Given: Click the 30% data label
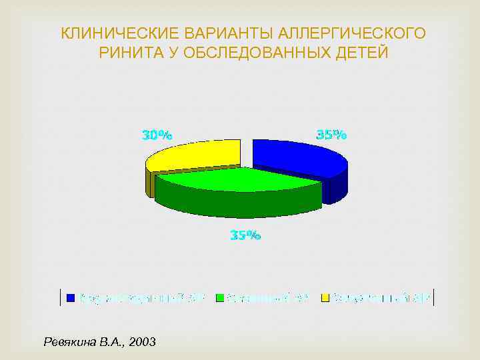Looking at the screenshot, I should point(157,135).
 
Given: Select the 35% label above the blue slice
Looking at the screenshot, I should point(331,135).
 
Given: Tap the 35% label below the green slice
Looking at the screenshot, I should point(245,235).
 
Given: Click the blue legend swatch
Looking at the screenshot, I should point(71,298).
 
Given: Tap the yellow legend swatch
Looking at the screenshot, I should point(325,298).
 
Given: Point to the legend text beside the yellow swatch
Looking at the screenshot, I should point(381,298).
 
